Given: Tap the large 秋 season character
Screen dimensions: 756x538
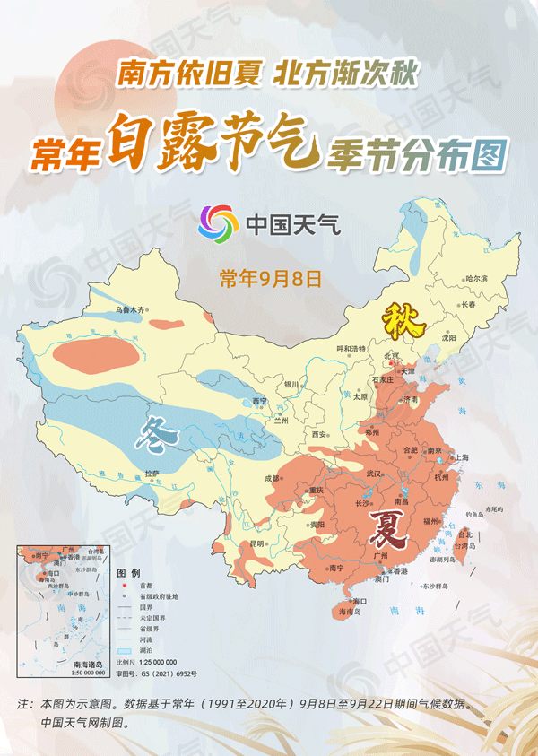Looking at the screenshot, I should pos(398,320).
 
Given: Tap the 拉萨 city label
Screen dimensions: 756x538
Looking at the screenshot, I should pos(152,473).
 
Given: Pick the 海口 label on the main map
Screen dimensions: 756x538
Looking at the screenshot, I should pos(360,600).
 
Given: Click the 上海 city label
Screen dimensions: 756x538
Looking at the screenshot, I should pos(462,456).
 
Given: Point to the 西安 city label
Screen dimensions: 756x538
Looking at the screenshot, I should pos(318,434).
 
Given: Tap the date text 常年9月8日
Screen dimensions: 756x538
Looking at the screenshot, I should pos(270,278).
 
